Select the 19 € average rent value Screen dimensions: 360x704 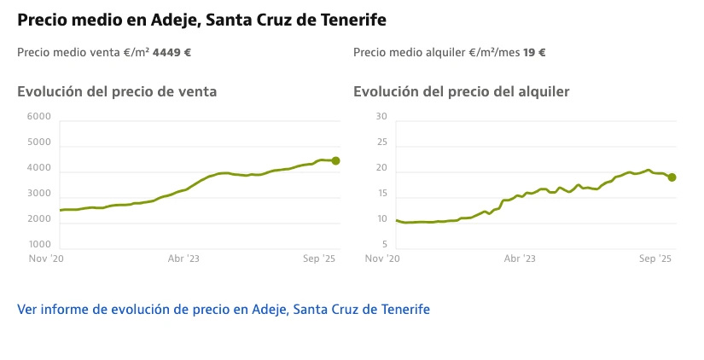535,52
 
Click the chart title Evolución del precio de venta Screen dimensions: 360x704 117,91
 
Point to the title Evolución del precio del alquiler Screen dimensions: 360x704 462,91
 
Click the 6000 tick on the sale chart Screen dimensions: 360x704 39,117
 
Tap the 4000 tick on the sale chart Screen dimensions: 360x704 39,169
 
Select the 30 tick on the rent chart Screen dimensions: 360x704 381,117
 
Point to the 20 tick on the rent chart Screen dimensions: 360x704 381,169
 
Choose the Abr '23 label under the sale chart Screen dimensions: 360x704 183,258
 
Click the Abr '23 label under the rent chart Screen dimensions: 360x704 520,258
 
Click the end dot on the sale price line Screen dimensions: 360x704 336,160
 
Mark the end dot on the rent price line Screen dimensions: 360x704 672,177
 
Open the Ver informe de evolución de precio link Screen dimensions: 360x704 224,309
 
